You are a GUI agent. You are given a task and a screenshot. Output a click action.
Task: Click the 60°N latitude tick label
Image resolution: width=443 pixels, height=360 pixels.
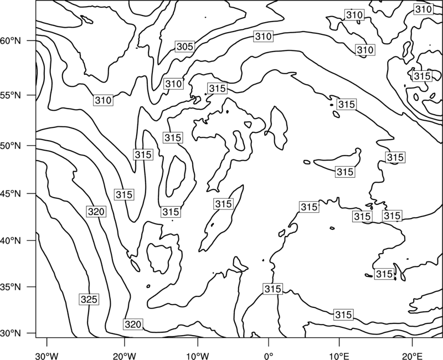click(x=11, y=41)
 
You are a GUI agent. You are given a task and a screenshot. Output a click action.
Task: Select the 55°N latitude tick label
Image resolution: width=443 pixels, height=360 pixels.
click(x=11, y=95)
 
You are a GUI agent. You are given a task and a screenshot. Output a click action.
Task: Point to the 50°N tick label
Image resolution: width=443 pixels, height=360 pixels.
click(x=11, y=146)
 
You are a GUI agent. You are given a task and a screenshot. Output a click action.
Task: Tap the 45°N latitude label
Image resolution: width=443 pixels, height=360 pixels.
click(x=11, y=193)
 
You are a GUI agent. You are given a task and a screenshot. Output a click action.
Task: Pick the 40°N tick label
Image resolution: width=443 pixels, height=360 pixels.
click(x=11, y=241)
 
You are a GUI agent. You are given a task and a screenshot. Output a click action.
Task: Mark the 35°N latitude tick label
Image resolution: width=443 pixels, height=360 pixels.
click(x=11, y=287)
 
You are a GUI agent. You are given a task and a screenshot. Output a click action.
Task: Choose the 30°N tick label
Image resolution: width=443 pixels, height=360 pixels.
click(x=11, y=333)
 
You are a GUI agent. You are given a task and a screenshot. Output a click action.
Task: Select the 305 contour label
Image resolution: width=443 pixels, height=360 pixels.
click(x=185, y=47)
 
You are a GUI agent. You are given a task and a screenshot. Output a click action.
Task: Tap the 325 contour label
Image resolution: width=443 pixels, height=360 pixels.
click(x=89, y=299)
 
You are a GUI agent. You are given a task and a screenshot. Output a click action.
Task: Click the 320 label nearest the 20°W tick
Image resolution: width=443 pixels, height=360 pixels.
click(x=133, y=324)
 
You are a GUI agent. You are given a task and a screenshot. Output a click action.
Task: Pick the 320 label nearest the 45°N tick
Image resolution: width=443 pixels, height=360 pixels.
click(x=96, y=212)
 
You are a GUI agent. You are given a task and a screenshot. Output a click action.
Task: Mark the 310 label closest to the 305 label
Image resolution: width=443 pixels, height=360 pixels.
click(x=173, y=84)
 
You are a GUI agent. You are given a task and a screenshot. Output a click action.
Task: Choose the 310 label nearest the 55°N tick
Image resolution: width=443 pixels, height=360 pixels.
click(x=103, y=100)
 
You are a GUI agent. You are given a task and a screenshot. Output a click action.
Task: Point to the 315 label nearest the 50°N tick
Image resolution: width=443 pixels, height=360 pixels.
click(x=143, y=155)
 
